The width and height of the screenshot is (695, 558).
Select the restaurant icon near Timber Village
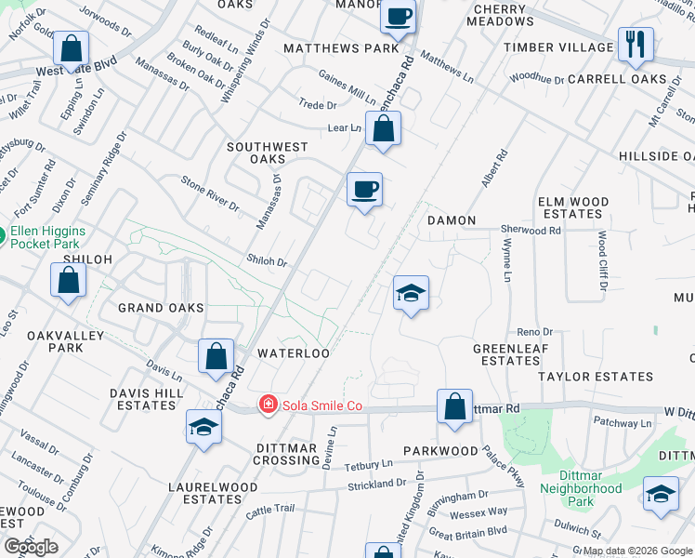636,44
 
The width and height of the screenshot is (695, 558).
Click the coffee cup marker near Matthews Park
398,17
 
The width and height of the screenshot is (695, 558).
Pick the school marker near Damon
410,295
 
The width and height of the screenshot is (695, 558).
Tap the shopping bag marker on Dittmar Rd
454,406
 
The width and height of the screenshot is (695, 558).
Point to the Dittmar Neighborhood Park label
581,495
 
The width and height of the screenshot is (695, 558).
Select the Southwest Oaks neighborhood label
269,153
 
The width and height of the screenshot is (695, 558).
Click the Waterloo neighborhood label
294,353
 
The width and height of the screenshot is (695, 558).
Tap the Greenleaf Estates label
506,354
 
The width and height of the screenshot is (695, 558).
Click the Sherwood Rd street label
531,230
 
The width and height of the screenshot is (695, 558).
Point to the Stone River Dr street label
209,193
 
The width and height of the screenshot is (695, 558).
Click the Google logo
31,547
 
